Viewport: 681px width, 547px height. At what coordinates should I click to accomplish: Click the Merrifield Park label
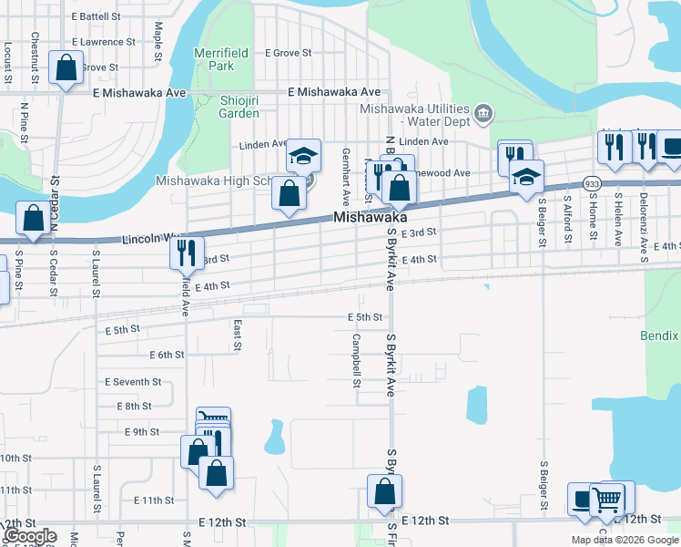(215, 59)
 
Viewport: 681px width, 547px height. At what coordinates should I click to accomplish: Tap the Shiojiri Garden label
(239, 107)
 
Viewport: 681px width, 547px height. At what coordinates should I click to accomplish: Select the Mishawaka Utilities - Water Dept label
(415, 114)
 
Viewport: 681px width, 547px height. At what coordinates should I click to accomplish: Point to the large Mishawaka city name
(370, 219)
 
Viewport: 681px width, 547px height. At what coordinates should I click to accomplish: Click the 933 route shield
(592, 183)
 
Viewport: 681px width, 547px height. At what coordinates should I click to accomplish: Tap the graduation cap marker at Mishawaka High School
(304, 156)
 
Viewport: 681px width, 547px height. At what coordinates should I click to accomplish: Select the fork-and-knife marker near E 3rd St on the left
(186, 252)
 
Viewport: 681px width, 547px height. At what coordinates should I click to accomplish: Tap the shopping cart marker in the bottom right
(607, 500)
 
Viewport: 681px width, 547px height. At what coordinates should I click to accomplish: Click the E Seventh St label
(133, 382)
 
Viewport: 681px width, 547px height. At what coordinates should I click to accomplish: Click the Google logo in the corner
(30, 536)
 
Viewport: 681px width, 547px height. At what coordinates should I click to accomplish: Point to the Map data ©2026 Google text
(625, 540)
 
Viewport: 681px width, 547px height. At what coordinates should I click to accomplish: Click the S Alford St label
(567, 220)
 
